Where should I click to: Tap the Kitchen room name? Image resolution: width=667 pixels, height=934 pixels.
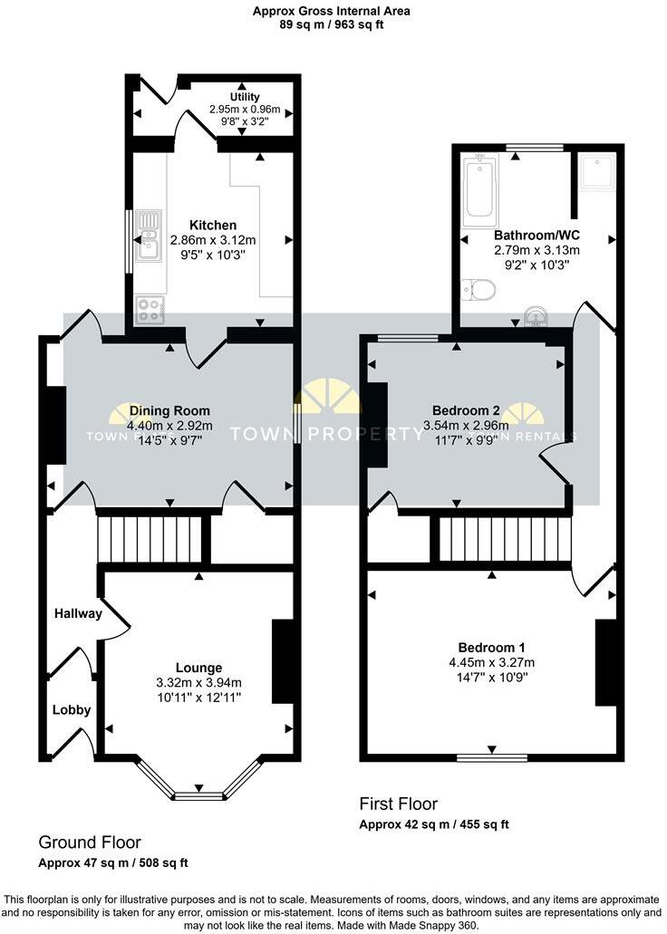[x=213, y=225]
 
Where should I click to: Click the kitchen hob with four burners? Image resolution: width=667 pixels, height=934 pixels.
[x=150, y=311]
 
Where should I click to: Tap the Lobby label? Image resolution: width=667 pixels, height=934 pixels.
[x=71, y=709]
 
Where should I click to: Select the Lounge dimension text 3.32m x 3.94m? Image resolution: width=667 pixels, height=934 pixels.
[x=198, y=683]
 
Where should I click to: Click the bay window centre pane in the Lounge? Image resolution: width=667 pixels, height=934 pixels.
[x=198, y=796]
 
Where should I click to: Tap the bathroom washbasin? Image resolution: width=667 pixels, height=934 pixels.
[x=536, y=317]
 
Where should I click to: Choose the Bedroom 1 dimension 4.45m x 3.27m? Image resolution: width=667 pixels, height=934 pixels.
[x=491, y=661]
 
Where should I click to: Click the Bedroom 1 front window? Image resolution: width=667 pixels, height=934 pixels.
[x=491, y=756]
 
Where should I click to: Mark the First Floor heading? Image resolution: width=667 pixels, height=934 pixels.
[x=399, y=804]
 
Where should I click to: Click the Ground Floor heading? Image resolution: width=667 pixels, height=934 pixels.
[x=89, y=843]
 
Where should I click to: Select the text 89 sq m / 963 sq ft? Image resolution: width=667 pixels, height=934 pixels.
[x=332, y=25]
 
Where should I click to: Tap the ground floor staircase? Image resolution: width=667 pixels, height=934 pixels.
[x=150, y=539]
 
